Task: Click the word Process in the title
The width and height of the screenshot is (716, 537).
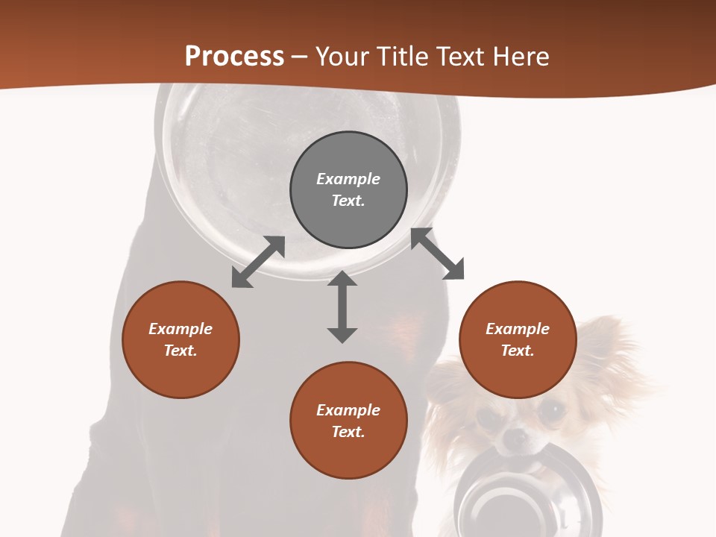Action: click(x=234, y=57)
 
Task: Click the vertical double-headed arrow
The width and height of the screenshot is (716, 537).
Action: click(x=342, y=307)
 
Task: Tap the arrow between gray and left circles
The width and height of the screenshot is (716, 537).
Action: click(x=258, y=262)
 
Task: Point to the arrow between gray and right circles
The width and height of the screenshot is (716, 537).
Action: click(x=437, y=254)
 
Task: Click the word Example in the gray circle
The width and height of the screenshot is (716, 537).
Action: click(x=348, y=179)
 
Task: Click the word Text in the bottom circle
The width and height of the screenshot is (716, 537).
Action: click(x=348, y=432)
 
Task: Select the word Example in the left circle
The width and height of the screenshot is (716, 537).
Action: click(x=180, y=329)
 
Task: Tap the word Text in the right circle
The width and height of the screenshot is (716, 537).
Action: click(x=518, y=351)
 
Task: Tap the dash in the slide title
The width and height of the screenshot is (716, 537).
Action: click(x=300, y=57)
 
